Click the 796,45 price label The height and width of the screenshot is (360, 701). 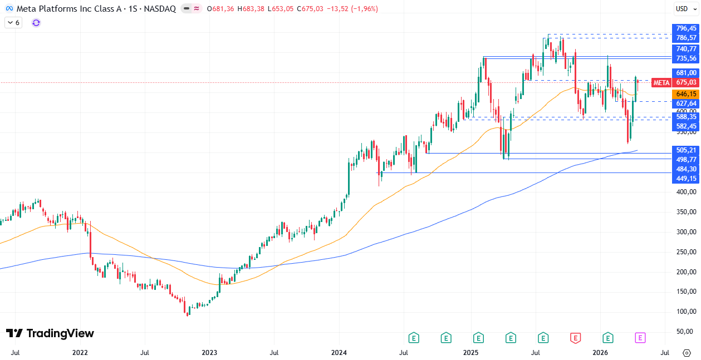click(686, 28)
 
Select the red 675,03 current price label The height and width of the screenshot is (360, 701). click(686, 82)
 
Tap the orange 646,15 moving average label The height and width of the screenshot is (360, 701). click(686, 94)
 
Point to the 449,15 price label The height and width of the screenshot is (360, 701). click(686, 179)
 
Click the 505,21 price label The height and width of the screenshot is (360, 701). click(686, 150)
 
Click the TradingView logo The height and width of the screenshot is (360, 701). click(50, 333)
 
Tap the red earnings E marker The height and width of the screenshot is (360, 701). click(575, 337)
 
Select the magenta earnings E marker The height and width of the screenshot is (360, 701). click(640, 337)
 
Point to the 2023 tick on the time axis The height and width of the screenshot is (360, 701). click(209, 353)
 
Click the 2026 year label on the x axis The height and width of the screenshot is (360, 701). click(600, 353)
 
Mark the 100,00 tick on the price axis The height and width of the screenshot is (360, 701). click(686, 312)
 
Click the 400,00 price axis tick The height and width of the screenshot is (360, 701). click(686, 192)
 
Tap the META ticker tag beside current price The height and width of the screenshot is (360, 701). click(661, 83)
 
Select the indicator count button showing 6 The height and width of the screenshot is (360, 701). click(13, 23)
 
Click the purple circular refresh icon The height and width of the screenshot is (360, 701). click(36, 23)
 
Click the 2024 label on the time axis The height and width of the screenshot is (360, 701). click(339, 353)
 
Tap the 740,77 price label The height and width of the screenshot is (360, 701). click(686, 49)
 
